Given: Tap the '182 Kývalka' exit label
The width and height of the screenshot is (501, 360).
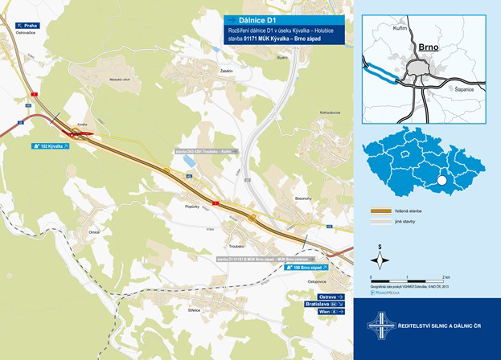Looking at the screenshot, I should [51, 147].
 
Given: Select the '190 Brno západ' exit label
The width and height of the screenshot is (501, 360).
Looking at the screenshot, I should [307, 268].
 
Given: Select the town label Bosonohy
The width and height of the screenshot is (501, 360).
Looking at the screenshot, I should [302, 198].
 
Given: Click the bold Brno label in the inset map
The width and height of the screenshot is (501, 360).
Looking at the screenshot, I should [426, 47].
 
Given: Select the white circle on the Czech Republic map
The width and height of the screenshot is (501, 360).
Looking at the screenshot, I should [441, 182].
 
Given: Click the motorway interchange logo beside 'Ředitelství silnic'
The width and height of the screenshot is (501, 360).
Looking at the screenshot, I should [380, 326].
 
